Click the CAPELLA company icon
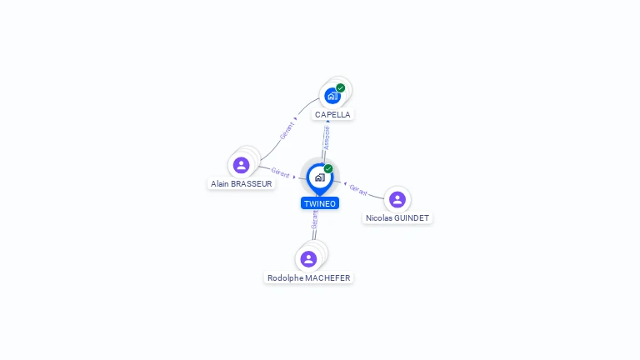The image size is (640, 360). [332, 96]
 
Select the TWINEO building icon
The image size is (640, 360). [319, 177]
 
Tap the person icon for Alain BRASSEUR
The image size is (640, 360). [242, 165]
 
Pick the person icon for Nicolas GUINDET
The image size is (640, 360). [397, 199]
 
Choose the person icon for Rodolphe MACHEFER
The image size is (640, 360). [308, 259]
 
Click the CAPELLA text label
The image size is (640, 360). [332, 115]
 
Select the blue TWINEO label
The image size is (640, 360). [320, 203]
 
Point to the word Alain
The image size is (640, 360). [220, 184]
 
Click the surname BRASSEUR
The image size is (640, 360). [252, 184]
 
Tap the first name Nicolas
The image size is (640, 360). [380, 218]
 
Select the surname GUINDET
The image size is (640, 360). [412, 218]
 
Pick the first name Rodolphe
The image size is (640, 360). [285, 278]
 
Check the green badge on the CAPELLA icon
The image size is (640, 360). [341, 87]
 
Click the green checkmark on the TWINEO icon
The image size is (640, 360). [328, 168]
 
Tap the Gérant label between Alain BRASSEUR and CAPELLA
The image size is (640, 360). [287, 132]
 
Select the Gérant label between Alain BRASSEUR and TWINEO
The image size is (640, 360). [280, 172]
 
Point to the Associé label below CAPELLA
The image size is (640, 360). [327, 137]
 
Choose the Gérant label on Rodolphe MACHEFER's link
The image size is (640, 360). [314, 220]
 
